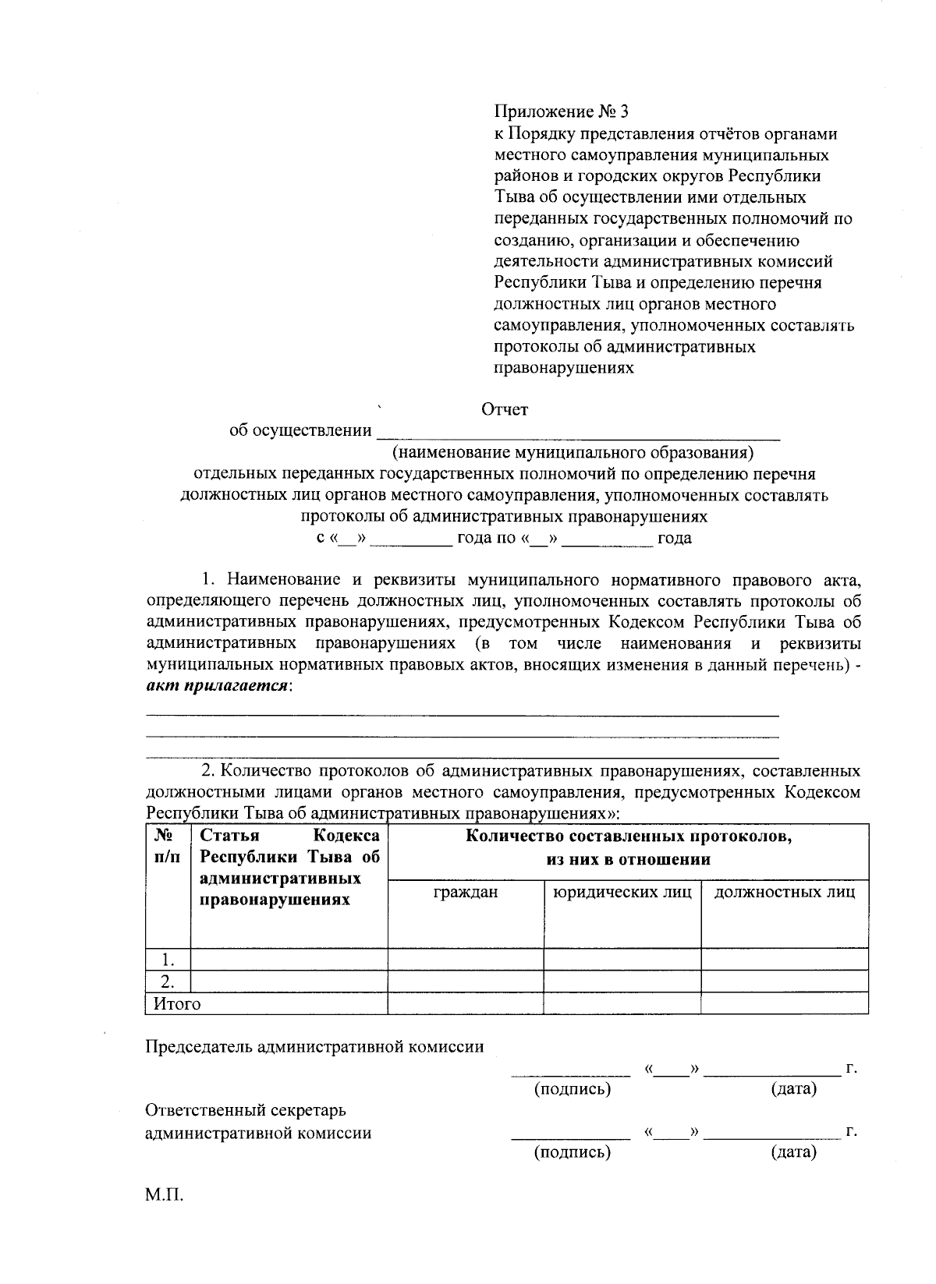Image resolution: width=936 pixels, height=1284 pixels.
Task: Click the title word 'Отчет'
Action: (x=505, y=409)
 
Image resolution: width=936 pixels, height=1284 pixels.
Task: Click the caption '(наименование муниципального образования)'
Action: (x=573, y=452)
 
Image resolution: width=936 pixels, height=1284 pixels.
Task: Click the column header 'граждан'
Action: (x=466, y=892)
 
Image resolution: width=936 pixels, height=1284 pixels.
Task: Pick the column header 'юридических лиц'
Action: (x=622, y=892)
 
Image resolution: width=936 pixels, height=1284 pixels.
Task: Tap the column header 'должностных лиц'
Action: (x=785, y=892)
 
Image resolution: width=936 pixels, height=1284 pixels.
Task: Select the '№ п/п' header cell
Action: (x=166, y=846)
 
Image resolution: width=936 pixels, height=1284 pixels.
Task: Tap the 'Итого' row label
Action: (x=177, y=1004)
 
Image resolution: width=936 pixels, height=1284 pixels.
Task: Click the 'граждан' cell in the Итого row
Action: (x=466, y=1003)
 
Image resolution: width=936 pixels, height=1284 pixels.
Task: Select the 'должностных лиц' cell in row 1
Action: (x=785, y=959)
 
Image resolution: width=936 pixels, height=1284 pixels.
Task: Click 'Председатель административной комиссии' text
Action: (x=315, y=1047)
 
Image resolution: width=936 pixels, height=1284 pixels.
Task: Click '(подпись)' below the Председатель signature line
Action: (x=572, y=1088)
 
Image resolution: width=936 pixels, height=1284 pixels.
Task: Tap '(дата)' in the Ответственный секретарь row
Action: (x=793, y=1151)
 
